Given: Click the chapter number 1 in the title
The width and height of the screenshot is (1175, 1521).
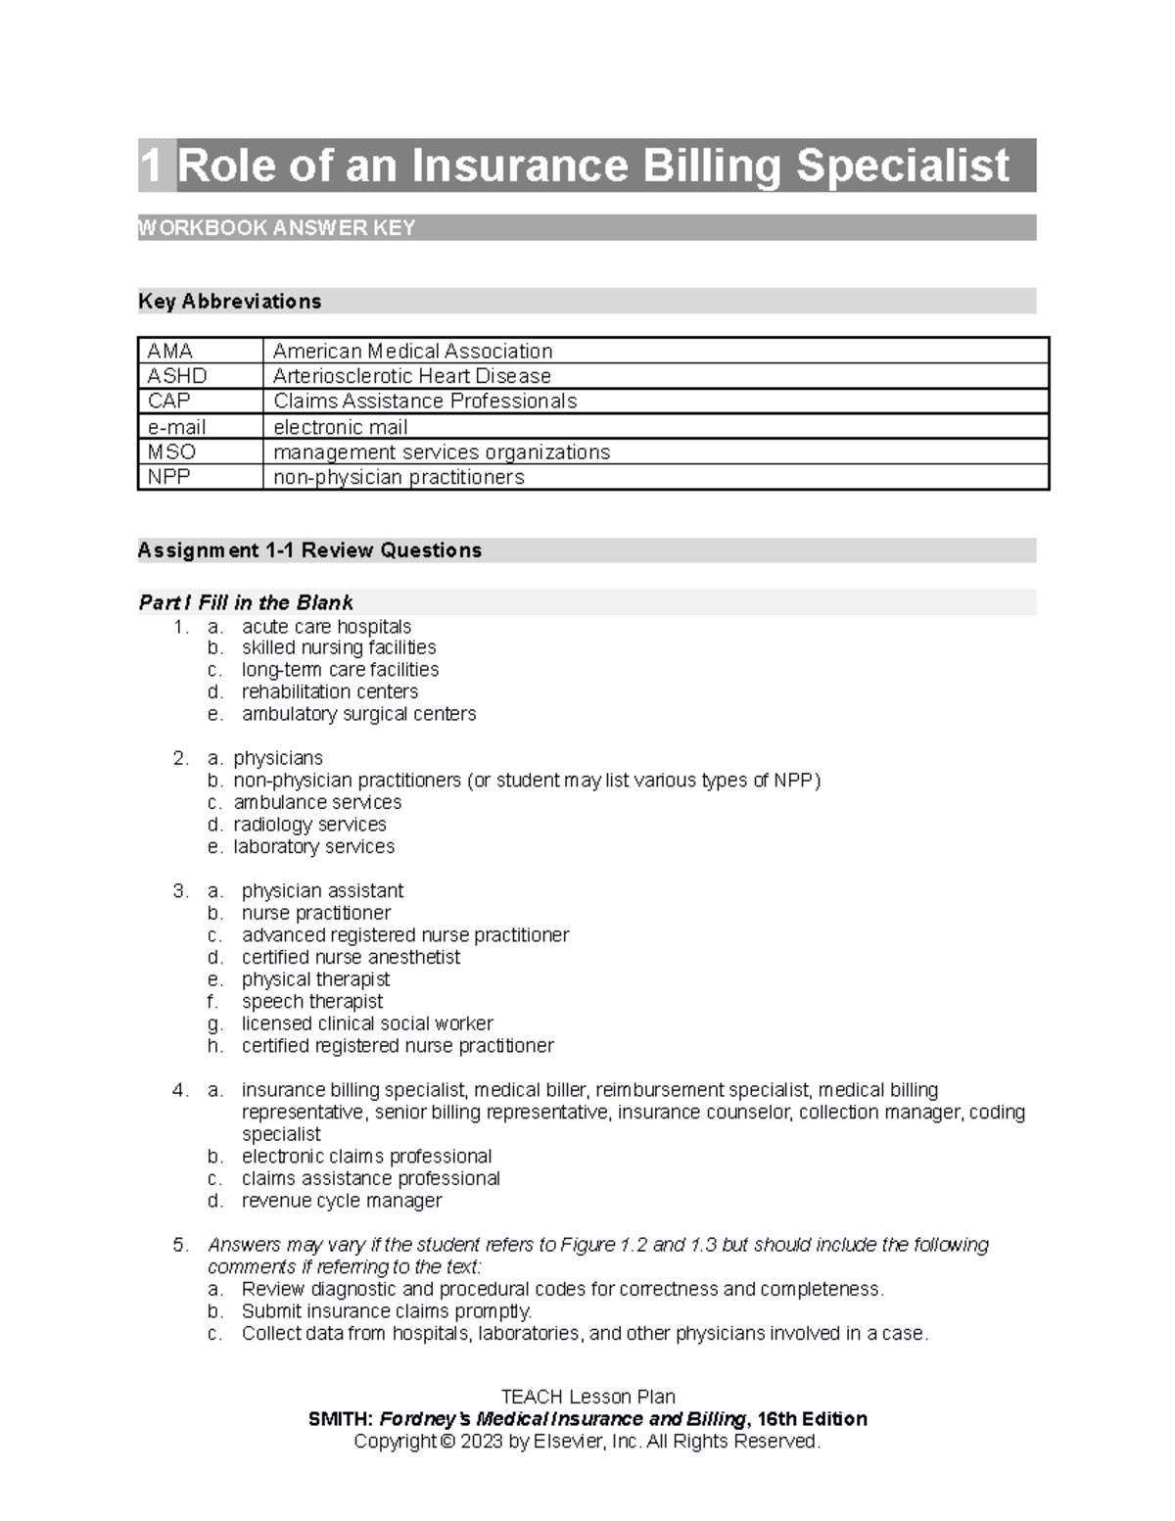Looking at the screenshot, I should point(151,166).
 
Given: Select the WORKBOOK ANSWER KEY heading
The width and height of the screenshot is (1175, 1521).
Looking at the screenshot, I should point(277,228).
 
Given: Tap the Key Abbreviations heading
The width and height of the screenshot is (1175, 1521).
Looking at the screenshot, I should point(230,302).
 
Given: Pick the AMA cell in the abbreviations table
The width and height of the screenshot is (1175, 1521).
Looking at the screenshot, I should point(170,351).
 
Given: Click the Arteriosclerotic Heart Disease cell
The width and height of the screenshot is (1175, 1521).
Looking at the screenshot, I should point(412,376).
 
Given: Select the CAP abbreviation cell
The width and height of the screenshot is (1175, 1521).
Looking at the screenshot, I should point(168,401).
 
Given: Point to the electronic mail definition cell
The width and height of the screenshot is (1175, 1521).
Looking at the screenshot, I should point(341,427).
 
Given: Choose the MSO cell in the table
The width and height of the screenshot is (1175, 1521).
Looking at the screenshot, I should point(171,452).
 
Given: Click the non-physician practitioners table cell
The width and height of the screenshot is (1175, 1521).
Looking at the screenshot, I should point(399,477).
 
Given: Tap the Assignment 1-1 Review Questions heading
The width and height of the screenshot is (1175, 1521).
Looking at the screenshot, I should point(310,550).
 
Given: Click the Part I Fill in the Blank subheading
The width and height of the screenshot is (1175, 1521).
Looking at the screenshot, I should point(246,602).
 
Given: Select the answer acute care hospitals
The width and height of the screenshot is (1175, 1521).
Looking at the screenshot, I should point(326,627).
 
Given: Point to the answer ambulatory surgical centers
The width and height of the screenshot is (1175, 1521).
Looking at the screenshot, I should point(358,714).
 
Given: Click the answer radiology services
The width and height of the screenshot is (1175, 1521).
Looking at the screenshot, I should point(309,825).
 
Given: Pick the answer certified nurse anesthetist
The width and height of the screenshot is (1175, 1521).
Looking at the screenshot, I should point(351,957).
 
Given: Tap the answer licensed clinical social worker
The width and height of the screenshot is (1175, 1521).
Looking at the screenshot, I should point(367,1023).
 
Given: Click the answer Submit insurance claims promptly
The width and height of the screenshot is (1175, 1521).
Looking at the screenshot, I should point(387,1311).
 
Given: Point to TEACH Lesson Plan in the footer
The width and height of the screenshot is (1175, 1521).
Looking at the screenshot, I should point(587,1397).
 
